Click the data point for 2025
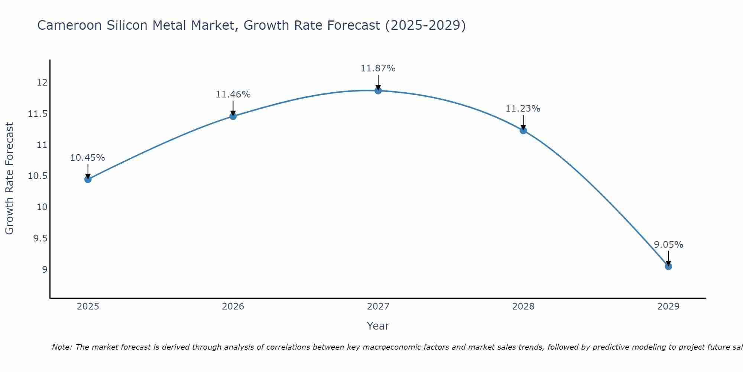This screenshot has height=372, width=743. [88, 179]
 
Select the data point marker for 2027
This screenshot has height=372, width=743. [378, 90]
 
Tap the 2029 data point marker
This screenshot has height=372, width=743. [668, 266]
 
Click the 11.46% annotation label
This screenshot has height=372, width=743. [233, 94]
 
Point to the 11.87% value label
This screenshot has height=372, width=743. [378, 68]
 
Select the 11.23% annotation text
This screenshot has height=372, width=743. [523, 109]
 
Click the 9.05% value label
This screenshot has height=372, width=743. [668, 245]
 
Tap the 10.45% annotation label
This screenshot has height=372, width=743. [87, 158]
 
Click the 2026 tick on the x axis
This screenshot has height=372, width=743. [233, 307]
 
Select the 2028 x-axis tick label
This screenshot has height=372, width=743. [523, 307]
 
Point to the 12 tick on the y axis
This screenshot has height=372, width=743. [42, 83]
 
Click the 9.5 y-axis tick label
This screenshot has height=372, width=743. [40, 238]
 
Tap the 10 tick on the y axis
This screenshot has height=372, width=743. [42, 207]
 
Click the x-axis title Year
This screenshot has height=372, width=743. [378, 326]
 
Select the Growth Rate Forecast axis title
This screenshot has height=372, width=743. [9, 178]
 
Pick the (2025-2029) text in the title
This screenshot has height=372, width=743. [425, 25]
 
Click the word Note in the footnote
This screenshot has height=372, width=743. [62, 347]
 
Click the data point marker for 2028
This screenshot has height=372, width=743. [523, 130]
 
